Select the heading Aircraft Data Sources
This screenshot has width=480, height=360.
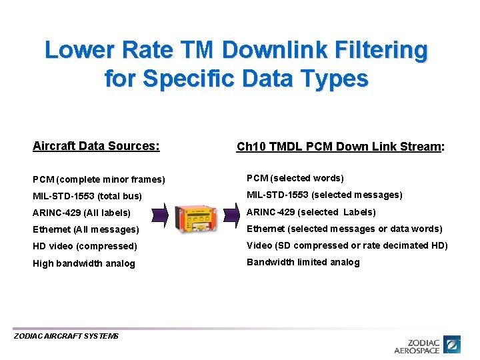click(96, 146)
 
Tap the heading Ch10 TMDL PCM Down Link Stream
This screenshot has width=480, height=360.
click(340, 147)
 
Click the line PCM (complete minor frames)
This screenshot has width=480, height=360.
click(99, 179)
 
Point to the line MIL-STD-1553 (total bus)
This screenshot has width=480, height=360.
click(87, 196)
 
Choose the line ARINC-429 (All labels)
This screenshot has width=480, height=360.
click(81, 213)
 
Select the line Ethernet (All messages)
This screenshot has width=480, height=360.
click(85, 229)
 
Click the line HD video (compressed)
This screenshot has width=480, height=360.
click(85, 246)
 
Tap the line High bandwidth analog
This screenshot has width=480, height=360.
click(83, 263)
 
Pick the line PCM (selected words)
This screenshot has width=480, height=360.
click(295, 178)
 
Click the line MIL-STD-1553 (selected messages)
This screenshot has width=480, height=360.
click(325, 195)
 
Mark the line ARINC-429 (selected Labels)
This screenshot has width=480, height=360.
click(311, 212)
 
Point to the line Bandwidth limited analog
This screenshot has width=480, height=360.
click(303, 262)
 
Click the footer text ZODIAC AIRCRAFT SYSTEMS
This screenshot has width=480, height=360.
click(66, 336)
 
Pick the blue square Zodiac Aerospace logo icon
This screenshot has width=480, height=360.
click(453, 345)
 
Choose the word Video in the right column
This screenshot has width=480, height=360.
click(259, 245)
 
